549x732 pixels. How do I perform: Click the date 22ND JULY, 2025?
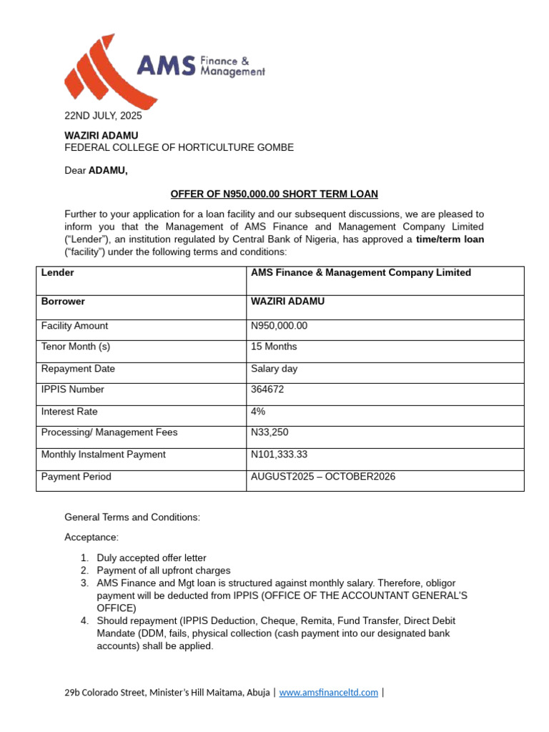[103, 116]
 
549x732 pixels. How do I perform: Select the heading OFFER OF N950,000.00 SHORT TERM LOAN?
[274, 194]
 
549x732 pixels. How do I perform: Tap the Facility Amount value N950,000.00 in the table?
[279, 326]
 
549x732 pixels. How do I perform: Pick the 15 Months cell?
[274, 347]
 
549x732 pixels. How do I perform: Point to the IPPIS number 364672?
[267, 390]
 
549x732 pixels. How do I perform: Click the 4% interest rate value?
[258, 412]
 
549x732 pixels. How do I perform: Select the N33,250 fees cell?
[269, 432]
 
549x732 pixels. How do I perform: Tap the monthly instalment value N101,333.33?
[282, 455]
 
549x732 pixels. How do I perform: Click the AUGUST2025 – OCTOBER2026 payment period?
[322, 477]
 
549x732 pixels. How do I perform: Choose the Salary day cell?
[274, 369]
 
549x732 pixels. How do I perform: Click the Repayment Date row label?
[78, 369]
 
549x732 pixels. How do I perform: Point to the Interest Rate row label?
[69, 412]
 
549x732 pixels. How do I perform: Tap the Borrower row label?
[63, 302]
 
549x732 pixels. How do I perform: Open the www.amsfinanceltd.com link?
[328, 693]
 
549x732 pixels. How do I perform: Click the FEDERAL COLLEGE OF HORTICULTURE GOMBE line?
[179, 148]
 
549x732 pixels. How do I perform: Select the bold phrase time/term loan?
[450, 239]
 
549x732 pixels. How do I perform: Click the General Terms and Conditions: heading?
[132, 517]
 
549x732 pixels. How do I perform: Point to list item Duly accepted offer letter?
[152, 558]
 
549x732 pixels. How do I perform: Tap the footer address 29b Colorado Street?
[167, 693]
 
